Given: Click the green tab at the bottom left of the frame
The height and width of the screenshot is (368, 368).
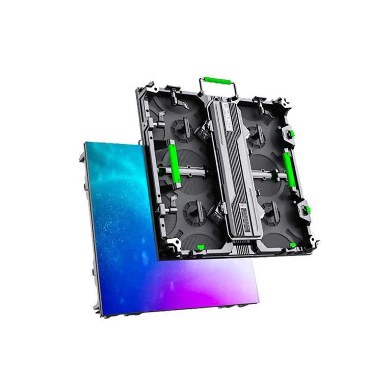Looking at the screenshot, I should pyautogui.click(x=200, y=247).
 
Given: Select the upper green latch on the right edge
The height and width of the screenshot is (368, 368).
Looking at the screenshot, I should pyautogui.click(x=291, y=135).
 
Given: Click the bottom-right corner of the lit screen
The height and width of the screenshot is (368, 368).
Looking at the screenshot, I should pyautogui.click(x=258, y=298).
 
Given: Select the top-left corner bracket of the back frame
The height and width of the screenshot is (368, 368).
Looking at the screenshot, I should pyautogui.click(x=147, y=88).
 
